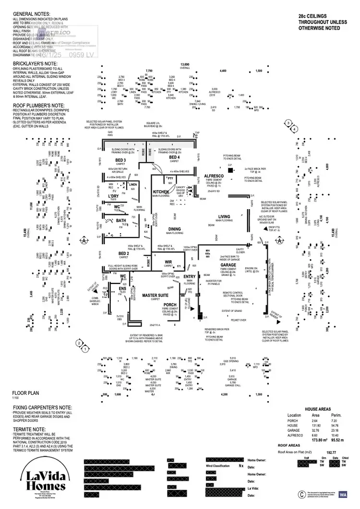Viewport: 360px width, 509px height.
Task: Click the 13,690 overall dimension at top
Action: pos(185,64)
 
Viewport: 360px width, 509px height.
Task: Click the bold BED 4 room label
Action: pos(175,157)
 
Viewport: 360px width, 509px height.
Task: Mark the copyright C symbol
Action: pos(301,493)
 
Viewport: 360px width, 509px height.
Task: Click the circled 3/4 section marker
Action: pos(288,126)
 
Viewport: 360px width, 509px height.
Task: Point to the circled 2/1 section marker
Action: pos(82,345)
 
